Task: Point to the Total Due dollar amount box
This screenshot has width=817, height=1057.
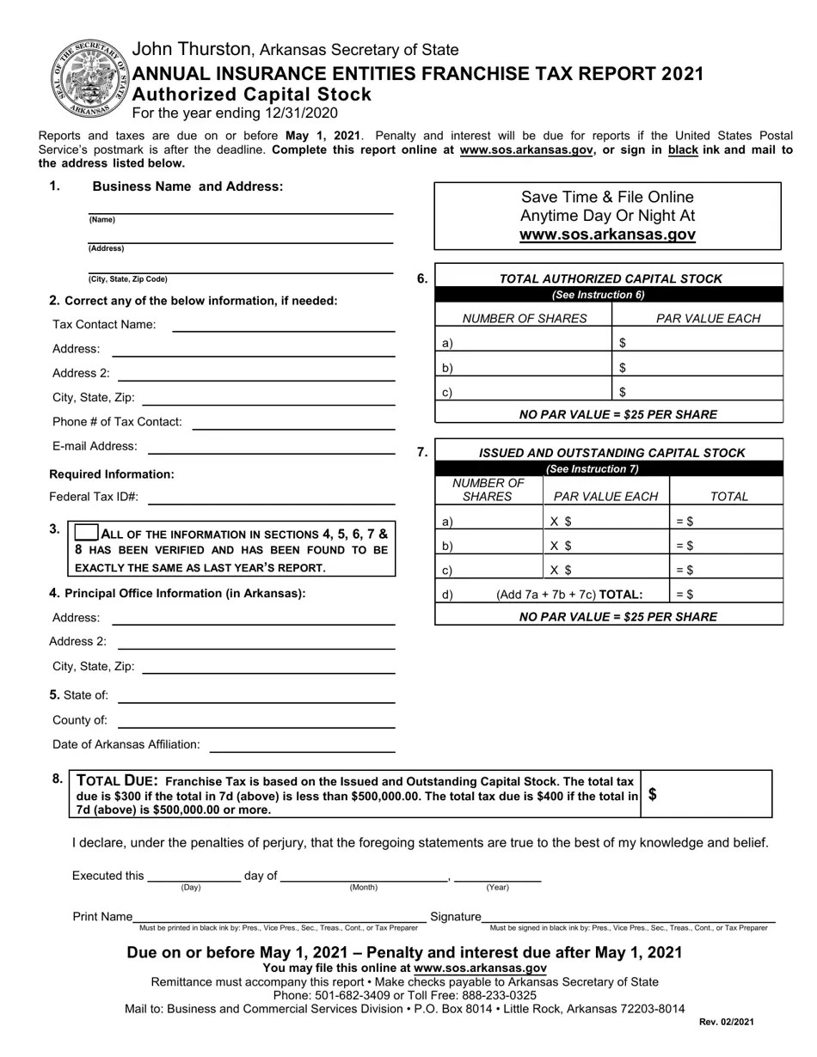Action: point(707,794)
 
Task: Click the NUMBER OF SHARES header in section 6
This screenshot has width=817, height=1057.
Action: point(525,319)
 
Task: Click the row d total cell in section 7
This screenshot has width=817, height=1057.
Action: point(727,594)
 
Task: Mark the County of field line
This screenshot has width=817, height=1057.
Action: point(256,721)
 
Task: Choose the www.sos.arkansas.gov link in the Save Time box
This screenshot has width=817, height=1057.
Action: point(607,235)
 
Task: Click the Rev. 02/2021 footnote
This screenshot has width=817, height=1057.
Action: point(726,1022)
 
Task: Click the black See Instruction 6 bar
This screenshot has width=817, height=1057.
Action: point(609,295)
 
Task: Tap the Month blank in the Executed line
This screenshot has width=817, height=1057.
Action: point(363,877)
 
